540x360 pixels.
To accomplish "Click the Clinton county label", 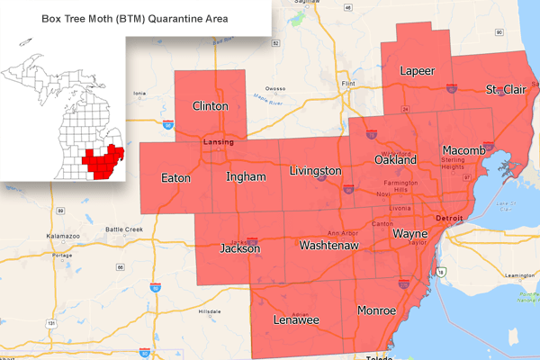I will tap(210, 106).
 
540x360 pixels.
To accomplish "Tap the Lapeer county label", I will tap(417, 71).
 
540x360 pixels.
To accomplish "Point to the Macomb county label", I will tap(464, 149).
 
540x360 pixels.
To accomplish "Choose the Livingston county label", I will tap(315, 170).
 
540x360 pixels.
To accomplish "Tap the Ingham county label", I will tap(246, 176).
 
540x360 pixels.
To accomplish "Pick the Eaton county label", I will tap(175, 178).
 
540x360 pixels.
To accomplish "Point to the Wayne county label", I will tap(409, 234).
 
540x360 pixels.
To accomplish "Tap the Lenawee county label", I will tap(296, 319).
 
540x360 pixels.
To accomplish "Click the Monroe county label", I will tap(376, 310).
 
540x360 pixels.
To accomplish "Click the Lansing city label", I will tap(218, 142).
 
